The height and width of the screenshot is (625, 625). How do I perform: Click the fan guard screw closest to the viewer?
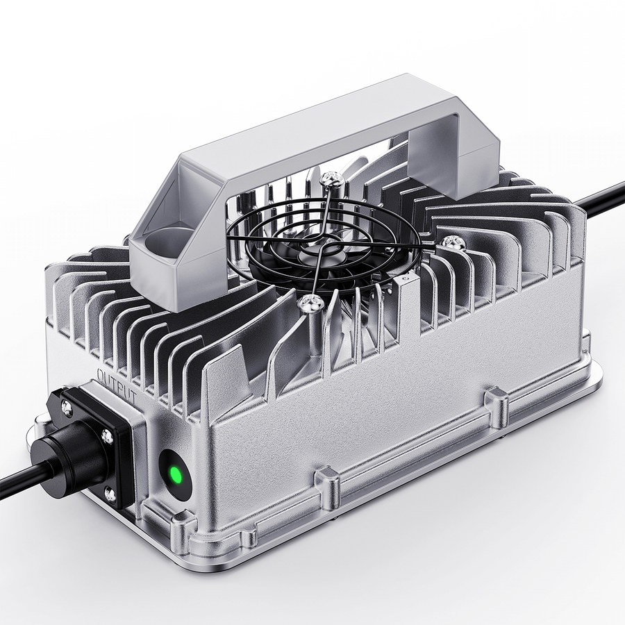(x=310, y=302)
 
